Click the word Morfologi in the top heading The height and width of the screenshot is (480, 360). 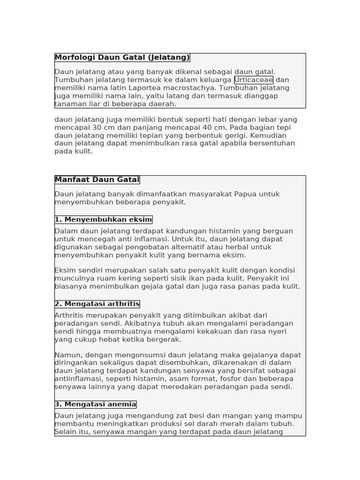tap(75, 58)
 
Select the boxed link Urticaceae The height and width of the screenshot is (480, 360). tap(254, 80)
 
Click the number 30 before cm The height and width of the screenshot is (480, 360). tap(97, 127)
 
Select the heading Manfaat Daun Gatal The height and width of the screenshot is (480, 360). tap(97, 180)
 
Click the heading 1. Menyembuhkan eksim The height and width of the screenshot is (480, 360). tap(103, 219)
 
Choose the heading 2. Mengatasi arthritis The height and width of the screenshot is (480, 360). tap(97, 304)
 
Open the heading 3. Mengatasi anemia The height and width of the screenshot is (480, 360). tap(95, 404)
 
